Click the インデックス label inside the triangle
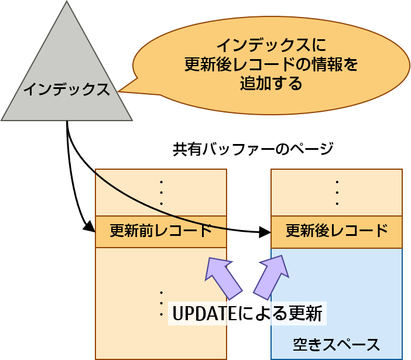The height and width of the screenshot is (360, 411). click(66, 90)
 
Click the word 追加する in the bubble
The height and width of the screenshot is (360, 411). click(270, 83)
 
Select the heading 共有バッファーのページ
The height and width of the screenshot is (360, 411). click(253, 149)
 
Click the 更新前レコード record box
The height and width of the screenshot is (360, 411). click(161, 232)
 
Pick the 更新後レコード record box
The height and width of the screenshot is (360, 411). click(337, 232)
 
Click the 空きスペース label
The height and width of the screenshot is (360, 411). click(337, 344)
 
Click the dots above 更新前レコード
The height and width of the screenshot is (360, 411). click(161, 192)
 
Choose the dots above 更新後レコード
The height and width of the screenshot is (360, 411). click(337, 192)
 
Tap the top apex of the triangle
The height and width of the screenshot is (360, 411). click(66, 3)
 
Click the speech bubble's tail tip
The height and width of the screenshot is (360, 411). click(119, 92)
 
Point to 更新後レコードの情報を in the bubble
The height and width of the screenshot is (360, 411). click(270, 64)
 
